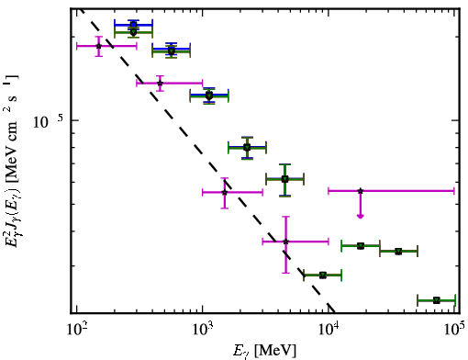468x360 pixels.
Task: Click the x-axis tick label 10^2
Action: tap(76, 329)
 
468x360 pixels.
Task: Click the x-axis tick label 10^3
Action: tap(203, 329)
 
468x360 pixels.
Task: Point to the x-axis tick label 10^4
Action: tap(329, 329)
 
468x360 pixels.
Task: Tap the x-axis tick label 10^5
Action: tap(454, 329)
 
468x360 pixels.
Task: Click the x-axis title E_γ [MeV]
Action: tap(264, 351)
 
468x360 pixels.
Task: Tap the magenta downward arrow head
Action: tap(361, 216)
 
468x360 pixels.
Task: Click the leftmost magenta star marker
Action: tap(98, 46)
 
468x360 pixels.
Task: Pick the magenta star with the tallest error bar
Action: tap(285, 242)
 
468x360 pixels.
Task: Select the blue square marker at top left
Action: tap(133, 25)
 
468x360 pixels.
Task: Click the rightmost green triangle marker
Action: tap(437, 300)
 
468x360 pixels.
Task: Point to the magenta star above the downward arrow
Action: tap(361, 191)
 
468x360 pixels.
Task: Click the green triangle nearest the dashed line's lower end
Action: tap(323, 276)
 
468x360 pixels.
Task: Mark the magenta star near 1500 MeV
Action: tap(225, 192)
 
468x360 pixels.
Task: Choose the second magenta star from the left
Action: tap(160, 83)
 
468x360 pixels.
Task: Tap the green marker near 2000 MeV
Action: tap(247, 148)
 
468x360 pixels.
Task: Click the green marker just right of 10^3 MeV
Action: tap(209, 96)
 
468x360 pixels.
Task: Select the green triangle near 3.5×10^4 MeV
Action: tap(398, 252)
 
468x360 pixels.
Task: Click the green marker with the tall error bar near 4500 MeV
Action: tap(284, 179)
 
